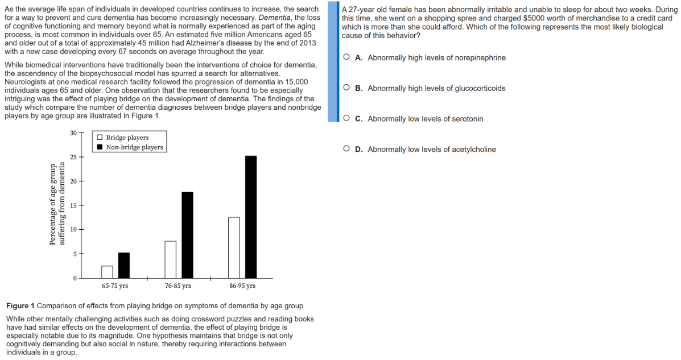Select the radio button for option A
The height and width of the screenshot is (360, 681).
pos(346,57)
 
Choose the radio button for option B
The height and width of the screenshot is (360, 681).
pos(346,88)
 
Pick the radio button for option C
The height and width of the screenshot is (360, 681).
pos(346,118)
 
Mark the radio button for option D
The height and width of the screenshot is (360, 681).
pos(346,149)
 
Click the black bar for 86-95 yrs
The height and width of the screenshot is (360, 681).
pos(251,216)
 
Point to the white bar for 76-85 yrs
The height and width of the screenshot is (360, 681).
pos(171,259)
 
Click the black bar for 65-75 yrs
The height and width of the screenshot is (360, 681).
pos(124,265)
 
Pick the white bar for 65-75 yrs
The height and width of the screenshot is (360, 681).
pos(107,271)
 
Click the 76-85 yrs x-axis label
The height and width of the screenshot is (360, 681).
pos(178,286)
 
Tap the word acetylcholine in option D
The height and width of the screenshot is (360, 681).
pos(474,150)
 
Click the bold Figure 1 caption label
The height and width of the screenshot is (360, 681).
pos(20,306)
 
